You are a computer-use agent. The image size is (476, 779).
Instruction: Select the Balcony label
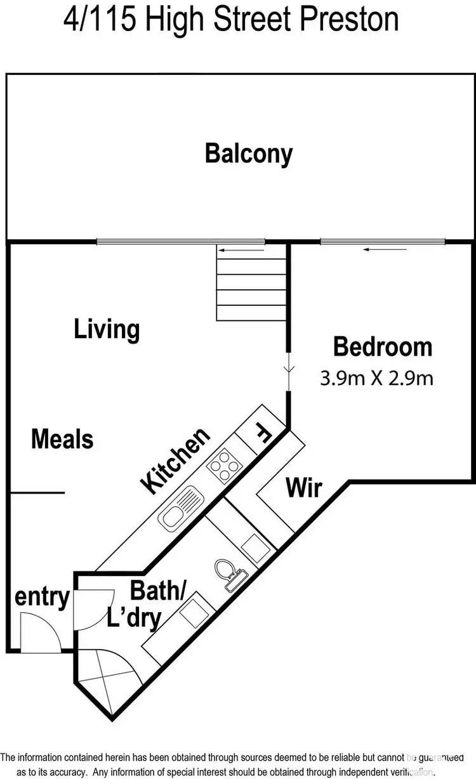point(248,154)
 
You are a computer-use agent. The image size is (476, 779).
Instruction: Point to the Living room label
point(107,330)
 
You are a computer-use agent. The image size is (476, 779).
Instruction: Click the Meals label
point(62,439)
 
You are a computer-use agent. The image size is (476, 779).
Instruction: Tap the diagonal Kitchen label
point(175,461)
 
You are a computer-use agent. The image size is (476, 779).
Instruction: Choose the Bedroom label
point(383,347)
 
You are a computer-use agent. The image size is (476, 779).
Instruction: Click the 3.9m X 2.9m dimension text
point(376,379)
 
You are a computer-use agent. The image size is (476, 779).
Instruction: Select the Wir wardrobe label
point(303,488)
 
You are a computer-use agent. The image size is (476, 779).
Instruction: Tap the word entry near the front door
point(42,597)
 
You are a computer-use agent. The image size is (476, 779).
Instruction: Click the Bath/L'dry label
point(150,603)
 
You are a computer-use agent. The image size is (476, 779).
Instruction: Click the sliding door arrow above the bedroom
point(385,249)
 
